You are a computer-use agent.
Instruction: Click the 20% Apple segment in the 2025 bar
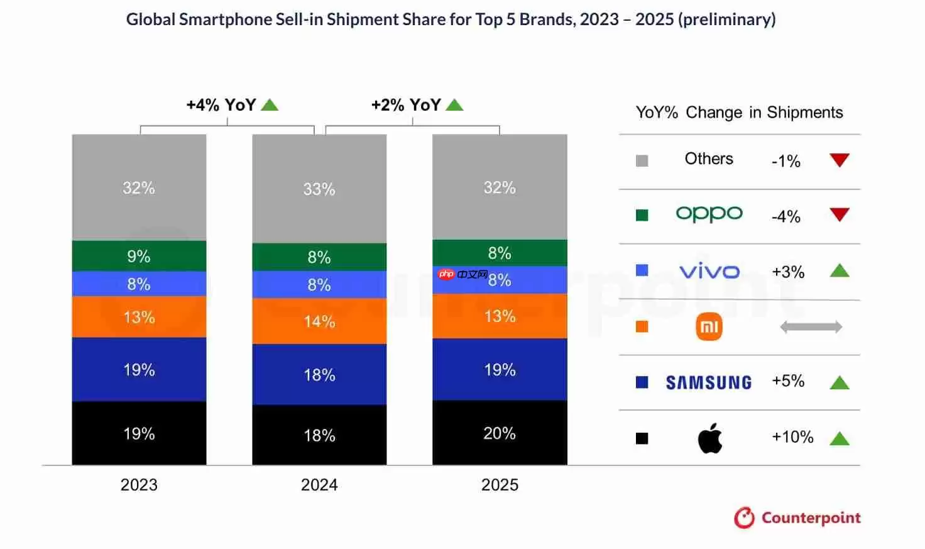pyautogui.click(x=500, y=433)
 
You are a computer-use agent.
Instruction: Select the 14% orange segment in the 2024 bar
pyautogui.click(x=319, y=321)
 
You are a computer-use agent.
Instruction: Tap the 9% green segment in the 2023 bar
pyautogui.click(x=139, y=256)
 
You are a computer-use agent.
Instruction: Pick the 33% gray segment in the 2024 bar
pyautogui.click(x=319, y=189)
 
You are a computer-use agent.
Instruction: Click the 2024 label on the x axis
pyautogui.click(x=319, y=485)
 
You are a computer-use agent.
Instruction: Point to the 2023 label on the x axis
pyautogui.click(x=139, y=485)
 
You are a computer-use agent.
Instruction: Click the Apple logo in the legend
pyautogui.click(x=710, y=438)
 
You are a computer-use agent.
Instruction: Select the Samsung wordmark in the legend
pyautogui.click(x=709, y=382)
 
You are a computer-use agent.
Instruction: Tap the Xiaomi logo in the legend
pyautogui.click(x=709, y=327)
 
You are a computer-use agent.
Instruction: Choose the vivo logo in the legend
pyautogui.click(x=709, y=272)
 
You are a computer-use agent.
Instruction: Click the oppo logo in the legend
pyautogui.click(x=709, y=214)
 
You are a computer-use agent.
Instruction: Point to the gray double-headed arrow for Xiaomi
pyautogui.click(x=811, y=327)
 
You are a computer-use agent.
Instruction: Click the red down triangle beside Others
pyautogui.click(x=840, y=160)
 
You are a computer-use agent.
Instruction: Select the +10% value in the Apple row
pyautogui.click(x=792, y=437)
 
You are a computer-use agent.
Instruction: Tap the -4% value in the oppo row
pyautogui.click(x=786, y=217)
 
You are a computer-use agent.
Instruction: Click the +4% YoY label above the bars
pyautogui.click(x=221, y=105)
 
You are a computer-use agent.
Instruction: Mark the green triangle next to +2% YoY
pyautogui.click(x=454, y=105)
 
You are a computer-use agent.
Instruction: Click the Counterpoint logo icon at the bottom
pyautogui.click(x=745, y=518)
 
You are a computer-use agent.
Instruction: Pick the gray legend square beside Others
pyautogui.click(x=642, y=160)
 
